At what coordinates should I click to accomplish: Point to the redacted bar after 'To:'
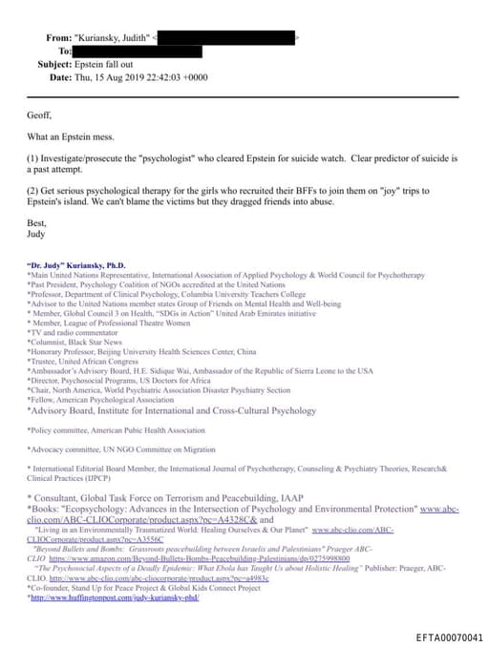tap(138, 51)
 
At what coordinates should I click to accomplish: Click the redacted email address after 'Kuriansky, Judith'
tap(224, 37)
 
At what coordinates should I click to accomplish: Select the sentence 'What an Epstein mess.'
tap(74, 135)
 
